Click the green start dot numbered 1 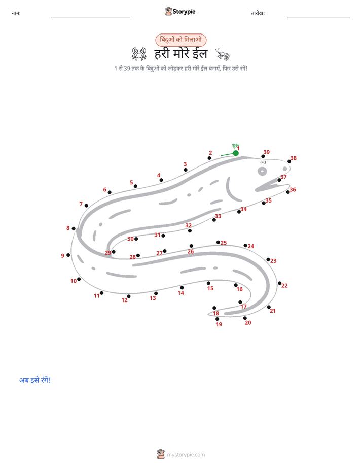(x=236, y=153)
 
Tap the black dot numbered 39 (x=263, y=156)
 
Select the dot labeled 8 (x=74, y=228)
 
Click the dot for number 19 (x=217, y=319)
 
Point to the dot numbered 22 (x=279, y=283)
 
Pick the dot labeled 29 (x=114, y=252)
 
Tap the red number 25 (x=224, y=243)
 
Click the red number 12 (x=125, y=300)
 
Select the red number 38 (x=294, y=158)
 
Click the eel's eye (x=262, y=172)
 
